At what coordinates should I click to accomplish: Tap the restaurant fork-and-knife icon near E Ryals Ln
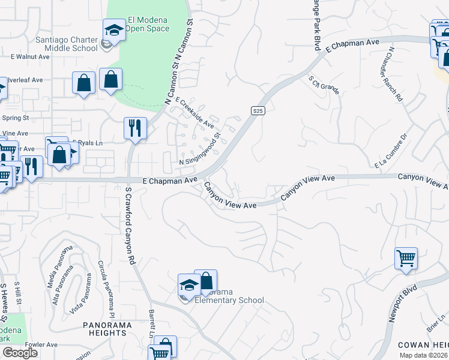coord(135,128)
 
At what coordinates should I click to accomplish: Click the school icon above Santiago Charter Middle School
coord(113,30)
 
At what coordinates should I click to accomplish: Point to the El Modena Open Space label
coord(146,23)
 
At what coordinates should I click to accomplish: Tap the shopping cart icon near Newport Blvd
coord(406,259)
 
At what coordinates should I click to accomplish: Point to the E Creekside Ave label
coord(194,112)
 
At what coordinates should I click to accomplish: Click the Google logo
coord(20,353)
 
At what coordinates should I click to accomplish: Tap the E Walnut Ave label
coord(30,56)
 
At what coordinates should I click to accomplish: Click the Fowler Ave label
coord(41,344)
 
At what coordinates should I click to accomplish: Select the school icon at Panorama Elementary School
coord(188,284)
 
